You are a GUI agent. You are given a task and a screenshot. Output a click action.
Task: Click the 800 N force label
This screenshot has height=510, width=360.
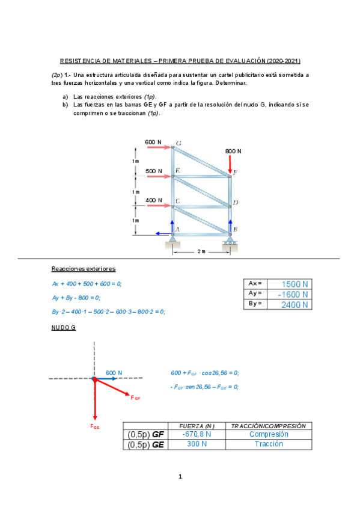pos(233,152)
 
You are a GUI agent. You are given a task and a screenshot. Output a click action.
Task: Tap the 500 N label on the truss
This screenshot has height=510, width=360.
pos(153,171)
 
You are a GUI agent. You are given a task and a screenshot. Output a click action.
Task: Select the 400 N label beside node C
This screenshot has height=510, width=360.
pos(153,200)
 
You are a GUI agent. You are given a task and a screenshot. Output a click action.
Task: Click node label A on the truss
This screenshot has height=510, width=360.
pos(177,229)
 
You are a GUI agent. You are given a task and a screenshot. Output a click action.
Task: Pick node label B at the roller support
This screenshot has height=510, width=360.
pos(235,229)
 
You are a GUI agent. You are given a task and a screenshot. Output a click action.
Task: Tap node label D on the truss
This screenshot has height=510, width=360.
pos(236,203)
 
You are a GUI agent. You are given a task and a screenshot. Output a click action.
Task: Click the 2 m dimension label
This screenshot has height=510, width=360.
pos(201,252)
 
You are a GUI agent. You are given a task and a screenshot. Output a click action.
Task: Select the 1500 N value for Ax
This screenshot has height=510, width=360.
pos(291,284)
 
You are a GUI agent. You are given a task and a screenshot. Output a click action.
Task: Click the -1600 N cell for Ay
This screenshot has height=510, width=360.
pos(291,294)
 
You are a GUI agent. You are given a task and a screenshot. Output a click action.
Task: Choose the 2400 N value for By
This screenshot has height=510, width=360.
pos(291,304)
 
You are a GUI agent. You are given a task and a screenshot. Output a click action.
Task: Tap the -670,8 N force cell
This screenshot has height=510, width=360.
pos(197,434)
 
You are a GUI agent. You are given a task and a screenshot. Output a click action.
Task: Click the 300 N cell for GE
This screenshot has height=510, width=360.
pos(197,444)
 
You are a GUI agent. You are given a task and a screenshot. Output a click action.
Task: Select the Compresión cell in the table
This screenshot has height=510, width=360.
pos(269,434)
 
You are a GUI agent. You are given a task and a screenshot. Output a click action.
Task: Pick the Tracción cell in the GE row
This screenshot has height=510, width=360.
pos(269,444)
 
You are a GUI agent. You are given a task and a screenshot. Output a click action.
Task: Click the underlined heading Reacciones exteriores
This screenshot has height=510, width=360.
pos(84,268)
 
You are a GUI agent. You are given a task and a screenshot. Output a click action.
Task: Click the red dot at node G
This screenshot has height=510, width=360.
pos(94,379)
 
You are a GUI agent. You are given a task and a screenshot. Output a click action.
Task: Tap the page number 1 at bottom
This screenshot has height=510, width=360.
pos(180,477)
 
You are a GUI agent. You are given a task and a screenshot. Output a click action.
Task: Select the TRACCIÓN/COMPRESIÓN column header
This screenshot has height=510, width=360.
pos(269,425)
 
